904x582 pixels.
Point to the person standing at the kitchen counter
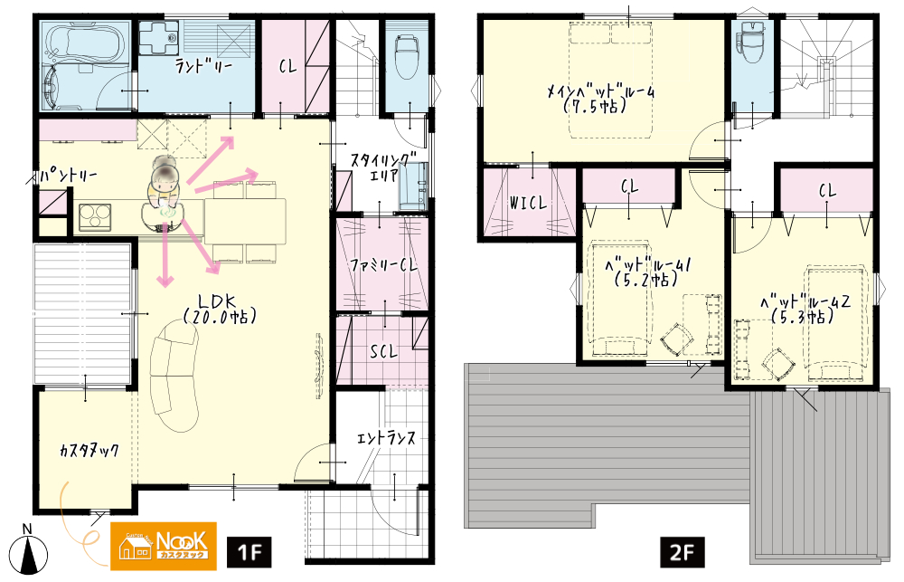[164, 192]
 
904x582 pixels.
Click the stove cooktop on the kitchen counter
[95, 216]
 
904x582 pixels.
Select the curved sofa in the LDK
[174, 377]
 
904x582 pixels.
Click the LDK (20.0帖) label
[219, 309]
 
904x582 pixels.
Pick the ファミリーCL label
[382, 265]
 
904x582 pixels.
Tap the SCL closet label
[383, 351]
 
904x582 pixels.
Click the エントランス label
[386, 438]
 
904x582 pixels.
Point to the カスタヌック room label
[89, 451]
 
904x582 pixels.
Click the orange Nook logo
[163, 546]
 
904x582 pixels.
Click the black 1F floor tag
[250, 552]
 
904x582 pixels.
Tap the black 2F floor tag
[682, 552]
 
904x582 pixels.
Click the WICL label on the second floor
[528, 204]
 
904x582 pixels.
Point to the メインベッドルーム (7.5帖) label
[600, 99]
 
